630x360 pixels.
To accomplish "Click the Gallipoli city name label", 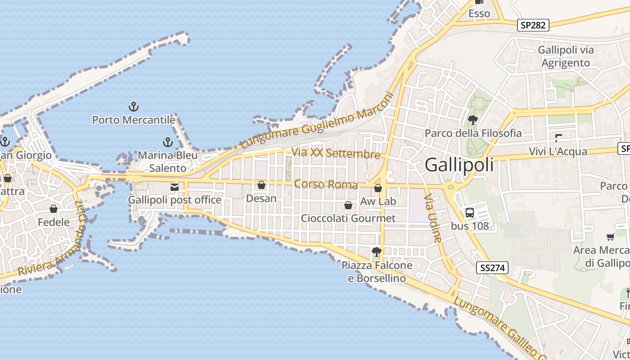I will pyautogui.click(x=459, y=165).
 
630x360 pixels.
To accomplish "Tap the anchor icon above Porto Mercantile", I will pyautogui.click(x=133, y=107).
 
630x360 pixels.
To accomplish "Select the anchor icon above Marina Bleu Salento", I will pyautogui.click(x=167, y=143).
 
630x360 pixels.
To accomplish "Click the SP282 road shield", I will pyautogui.click(x=533, y=25).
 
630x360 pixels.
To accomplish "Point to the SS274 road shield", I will pyautogui.click(x=492, y=268).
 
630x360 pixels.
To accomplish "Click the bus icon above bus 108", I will pyautogui.click(x=470, y=212).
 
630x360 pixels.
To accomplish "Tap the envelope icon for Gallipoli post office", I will pyautogui.click(x=174, y=187).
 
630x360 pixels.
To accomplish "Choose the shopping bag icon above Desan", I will pyautogui.click(x=261, y=185).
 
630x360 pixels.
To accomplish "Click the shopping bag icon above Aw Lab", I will pyautogui.click(x=378, y=188).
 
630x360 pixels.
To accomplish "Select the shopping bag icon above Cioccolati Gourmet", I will pyautogui.click(x=348, y=206).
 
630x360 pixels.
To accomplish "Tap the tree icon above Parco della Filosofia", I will pyautogui.click(x=472, y=120).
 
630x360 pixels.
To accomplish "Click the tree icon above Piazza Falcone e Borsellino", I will pyautogui.click(x=377, y=252).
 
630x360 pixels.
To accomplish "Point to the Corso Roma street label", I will pyautogui.click(x=326, y=184).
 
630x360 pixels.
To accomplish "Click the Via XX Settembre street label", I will pyautogui.click(x=336, y=153).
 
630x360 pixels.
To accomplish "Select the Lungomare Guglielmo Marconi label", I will pyautogui.click(x=317, y=121).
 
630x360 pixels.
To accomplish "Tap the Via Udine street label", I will pyautogui.click(x=434, y=218).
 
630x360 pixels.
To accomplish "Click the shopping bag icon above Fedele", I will pyautogui.click(x=54, y=209).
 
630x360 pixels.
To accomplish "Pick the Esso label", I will pyautogui.click(x=479, y=13).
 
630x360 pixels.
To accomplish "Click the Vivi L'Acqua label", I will pyautogui.click(x=558, y=151).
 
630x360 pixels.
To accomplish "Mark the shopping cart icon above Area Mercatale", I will pyautogui.click(x=611, y=237).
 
